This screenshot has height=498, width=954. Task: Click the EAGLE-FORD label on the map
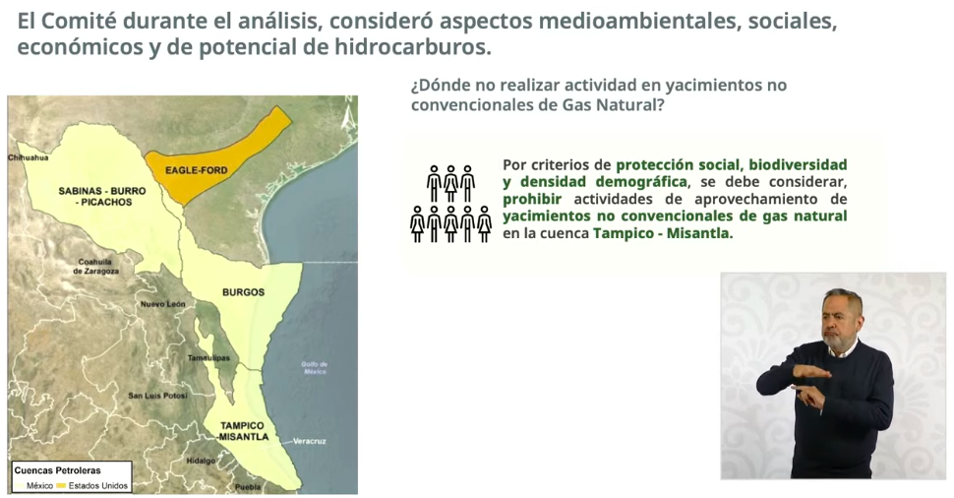click(x=196, y=170)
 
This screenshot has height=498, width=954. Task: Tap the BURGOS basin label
click(x=243, y=292)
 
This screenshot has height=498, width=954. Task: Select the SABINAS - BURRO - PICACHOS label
click(x=102, y=196)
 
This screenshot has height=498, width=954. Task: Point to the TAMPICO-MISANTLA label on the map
click(x=243, y=431)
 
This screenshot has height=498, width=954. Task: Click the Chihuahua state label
click(x=28, y=157)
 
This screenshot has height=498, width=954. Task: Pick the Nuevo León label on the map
click(x=163, y=304)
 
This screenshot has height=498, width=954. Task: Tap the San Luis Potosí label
click(x=157, y=396)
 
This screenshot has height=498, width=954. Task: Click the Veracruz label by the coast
click(x=310, y=441)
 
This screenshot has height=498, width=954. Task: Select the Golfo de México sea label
click(x=315, y=368)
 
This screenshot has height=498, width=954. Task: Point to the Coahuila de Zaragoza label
click(x=95, y=266)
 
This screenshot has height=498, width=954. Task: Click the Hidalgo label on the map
click(x=201, y=461)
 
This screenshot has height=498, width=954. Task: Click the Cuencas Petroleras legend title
click(x=58, y=470)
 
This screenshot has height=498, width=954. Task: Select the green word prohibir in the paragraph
click(x=532, y=199)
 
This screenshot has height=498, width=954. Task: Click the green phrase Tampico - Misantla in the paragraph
click(x=663, y=233)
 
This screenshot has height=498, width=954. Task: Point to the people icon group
click(x=450, y=204)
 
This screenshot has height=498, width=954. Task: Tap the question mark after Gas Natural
click(x=660, y=104)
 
